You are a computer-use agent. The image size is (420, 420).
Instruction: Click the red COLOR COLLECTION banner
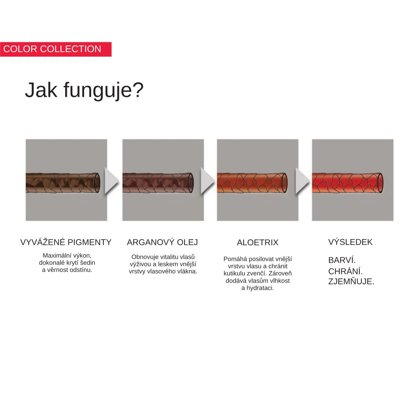click(56, 49)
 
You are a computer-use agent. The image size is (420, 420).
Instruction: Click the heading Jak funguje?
click(84, 91)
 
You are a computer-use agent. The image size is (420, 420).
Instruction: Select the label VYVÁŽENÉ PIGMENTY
click(66, 242)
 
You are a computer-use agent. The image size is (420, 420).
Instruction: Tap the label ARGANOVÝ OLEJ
click(162, 242)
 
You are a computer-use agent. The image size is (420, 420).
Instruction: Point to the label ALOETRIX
click(258, 242)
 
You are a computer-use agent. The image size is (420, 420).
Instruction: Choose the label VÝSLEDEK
click(350, 242)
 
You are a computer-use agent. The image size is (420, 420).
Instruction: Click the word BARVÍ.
click(342, 260)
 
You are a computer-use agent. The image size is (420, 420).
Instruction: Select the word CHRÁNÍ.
click(345, 272)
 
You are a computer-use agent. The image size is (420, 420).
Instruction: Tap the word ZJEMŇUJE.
click(351, 281)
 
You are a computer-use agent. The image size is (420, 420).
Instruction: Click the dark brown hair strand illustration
click(63, 183)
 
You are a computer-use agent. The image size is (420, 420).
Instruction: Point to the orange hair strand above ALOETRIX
click(252, 183)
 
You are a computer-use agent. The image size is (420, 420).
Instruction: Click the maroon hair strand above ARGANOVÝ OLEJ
click(158, 183)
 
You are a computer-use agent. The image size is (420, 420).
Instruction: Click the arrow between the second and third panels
click(208, 181)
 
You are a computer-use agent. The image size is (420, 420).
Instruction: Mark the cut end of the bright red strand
click(380, 183)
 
